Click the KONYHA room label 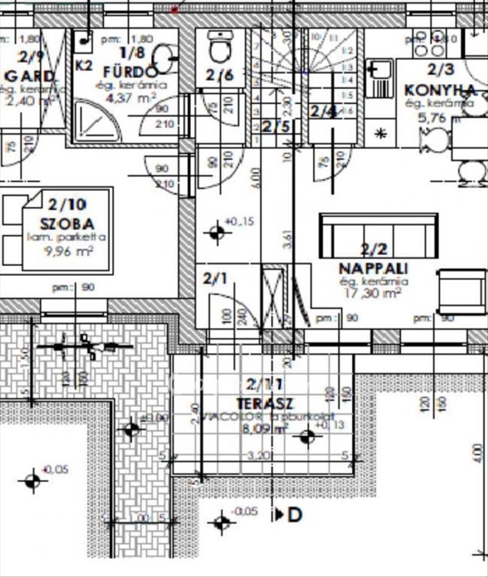tap(440, 90)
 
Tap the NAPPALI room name tap(373, 269)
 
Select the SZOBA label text tap(68, 223)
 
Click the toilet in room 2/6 tap(219, 47)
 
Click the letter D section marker tap(295, 515)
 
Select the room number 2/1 tap(215, 279)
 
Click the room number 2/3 tap(441, 70)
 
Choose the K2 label tap(84, 65)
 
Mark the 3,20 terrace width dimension tap(259, 456)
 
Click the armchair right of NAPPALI tap(462, 291)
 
